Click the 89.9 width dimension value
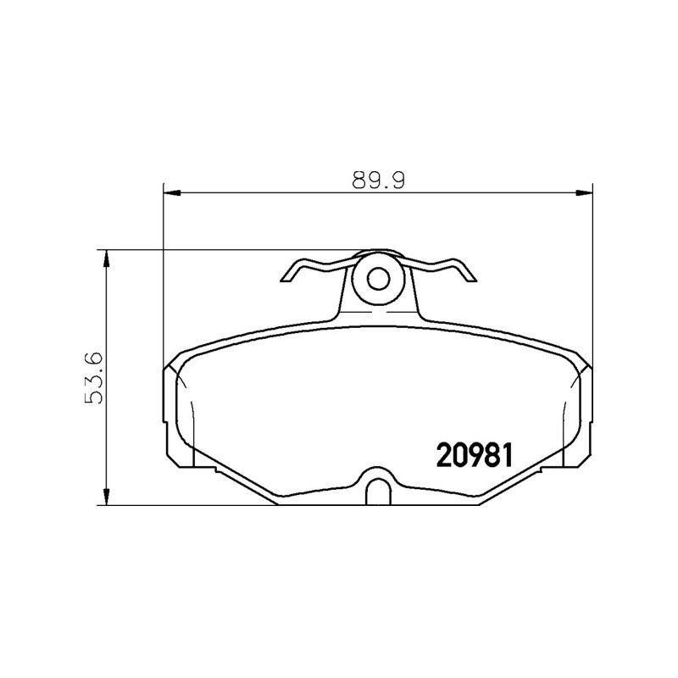(378, 181)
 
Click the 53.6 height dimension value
(94, 378)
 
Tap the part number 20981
(475, 455)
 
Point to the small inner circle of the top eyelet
(378, 279)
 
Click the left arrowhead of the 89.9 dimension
(172, 192)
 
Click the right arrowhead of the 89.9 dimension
(585, 192)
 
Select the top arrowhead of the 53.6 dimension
(105, 258)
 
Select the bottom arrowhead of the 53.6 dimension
(105, 497)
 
